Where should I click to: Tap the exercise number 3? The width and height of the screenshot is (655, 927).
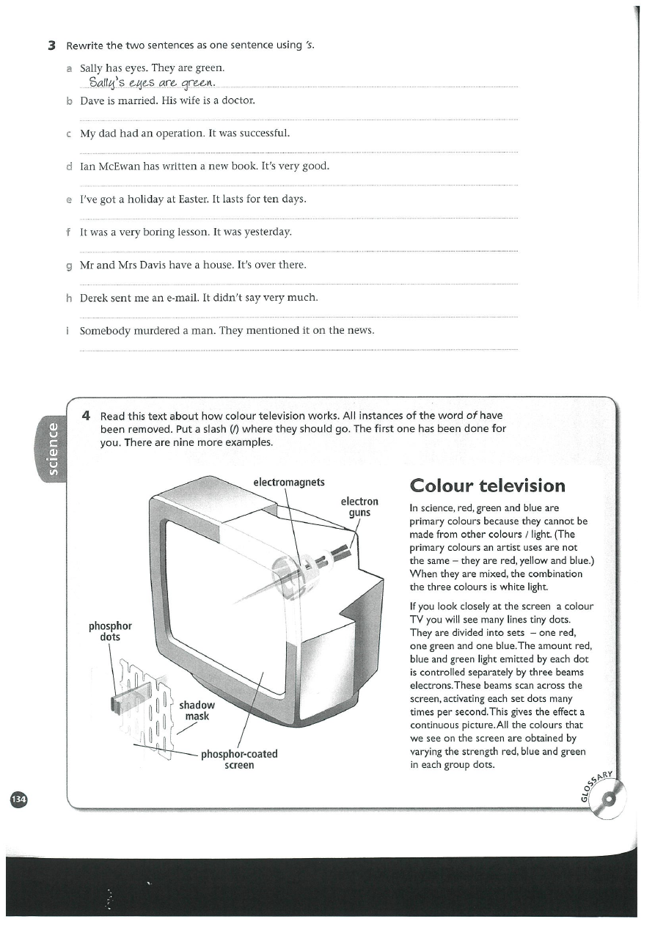click(51, 45)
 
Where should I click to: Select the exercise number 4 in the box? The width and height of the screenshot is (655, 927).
click(87, 416)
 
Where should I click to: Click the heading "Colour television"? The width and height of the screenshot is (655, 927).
click(488, 486)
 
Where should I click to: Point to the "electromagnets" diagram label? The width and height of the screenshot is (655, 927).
click(288, 482)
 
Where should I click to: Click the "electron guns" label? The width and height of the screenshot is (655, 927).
click(359, 507)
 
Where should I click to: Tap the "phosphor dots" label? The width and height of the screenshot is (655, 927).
click(110, 631)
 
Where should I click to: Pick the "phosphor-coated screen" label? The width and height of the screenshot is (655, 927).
click(239, 759)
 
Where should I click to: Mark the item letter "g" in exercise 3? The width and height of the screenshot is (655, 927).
click(68, 265)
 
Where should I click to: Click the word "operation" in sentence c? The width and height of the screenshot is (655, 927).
click(167, 133)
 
